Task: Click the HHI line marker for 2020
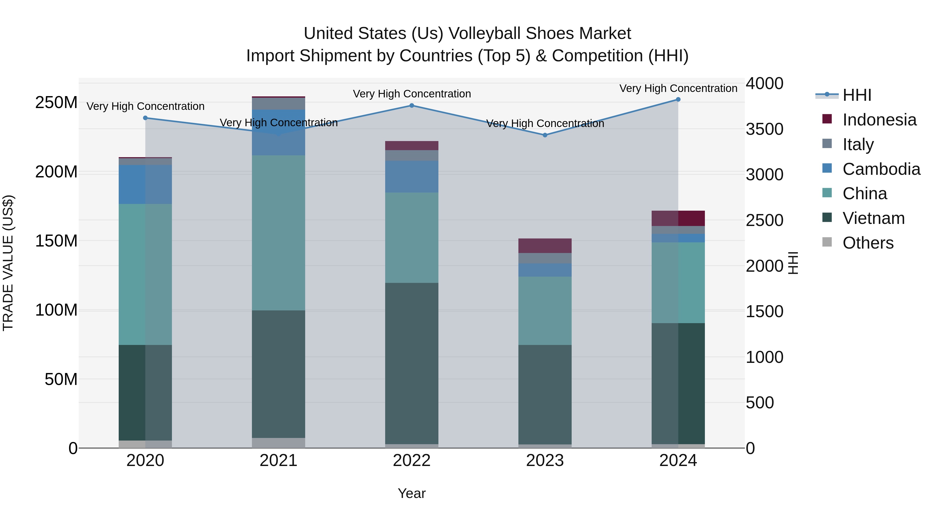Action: pos(145,118)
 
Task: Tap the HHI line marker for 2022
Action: pos(412,106)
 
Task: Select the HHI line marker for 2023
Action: pos(545,135)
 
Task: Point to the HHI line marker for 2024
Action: pos(678,99)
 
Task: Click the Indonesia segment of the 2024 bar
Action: pos(678,218)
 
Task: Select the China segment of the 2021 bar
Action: pos(278,233)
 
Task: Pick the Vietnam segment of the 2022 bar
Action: pos(412,363)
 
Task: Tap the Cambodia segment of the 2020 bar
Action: pos(145,184)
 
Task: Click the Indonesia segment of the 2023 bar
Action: pos(545,246)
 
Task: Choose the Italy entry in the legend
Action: pos(858,144)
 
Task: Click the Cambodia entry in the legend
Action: pos(881,169)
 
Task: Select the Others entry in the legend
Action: pos(868,243)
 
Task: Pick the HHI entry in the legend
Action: pos(857,95)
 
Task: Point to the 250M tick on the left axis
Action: pos(56,103)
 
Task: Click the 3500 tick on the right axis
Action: pos(764,129)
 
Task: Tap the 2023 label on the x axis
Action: pos(545,461)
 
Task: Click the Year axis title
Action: pos(412,493)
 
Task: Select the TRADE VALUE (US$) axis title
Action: pos(8,263)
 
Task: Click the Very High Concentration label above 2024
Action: pos(678,88)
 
